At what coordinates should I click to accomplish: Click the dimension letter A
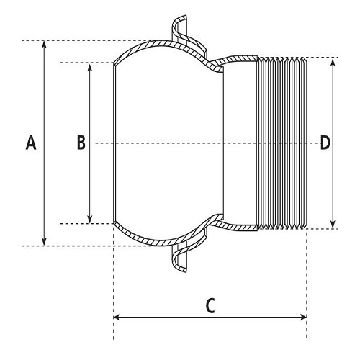tap(31, 143)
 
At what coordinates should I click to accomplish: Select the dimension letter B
tap(81, 143)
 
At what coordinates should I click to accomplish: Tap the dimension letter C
tap(210, 305)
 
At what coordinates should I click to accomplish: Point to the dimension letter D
tap(325, 143)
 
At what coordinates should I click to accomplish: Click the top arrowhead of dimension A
tap(44, 45)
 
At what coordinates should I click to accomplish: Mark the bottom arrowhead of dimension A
tap(44, 242)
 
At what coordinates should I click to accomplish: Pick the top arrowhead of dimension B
tap(90, 68)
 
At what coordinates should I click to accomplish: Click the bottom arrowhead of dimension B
tap(90, 220)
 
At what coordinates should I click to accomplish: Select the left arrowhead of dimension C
tap(117, 318)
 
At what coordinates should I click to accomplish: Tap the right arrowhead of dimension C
tap(303, 318)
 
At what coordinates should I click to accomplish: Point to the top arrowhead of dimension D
tap(333, 62)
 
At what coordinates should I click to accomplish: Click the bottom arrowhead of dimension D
tap(333, 225)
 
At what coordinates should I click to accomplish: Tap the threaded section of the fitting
tap(282, 143)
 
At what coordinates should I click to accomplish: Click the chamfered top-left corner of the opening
tap(114, 63)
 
